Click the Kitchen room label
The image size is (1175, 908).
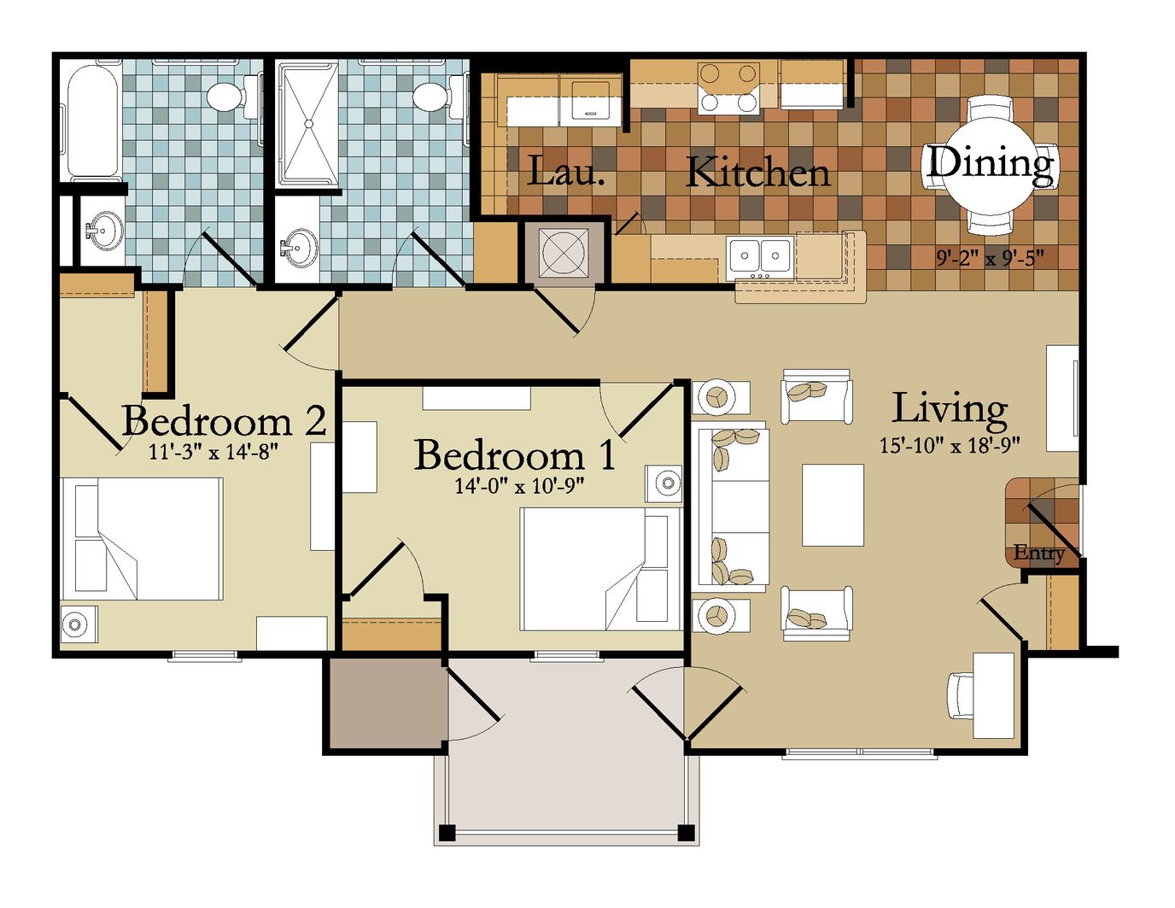757,173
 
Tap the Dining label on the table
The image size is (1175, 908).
990,163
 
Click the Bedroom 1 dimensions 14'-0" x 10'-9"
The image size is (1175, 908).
520,486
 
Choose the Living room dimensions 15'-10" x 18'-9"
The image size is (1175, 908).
950,445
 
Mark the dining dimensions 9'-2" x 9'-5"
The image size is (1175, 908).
990,259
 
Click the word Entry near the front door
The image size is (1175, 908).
1038,554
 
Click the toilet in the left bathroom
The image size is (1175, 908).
234,94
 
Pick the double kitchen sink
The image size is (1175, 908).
760,255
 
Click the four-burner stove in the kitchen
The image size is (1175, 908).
728,88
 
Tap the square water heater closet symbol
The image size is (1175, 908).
563,252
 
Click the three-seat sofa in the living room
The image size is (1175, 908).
734,507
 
